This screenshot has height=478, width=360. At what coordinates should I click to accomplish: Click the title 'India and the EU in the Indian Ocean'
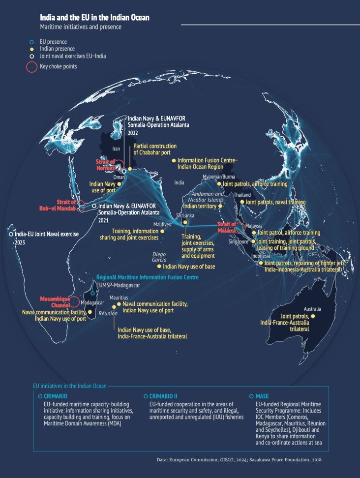pyautogui.click(x=95, y=17)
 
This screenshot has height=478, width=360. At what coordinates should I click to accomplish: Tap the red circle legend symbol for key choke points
pyautogui.click(x=31, y=66)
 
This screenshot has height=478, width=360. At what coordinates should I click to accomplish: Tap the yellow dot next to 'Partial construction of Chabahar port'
pyautogui.click(x=130, y=169)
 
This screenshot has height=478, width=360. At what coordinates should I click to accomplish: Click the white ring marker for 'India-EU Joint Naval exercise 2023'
pyautogui.click(x=11, y=235)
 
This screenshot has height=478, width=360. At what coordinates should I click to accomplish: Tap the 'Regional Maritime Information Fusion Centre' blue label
pyautogui.click(x=148, y=277)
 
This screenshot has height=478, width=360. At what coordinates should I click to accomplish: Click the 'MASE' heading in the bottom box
pyautogui.click(x=262, y=396)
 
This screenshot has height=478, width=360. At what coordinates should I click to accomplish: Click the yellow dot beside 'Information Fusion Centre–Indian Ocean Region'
pyautogui.click(x=173, y=160)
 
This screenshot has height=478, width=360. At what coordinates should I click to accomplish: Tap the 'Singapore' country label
pyautogui.click(x=238, y=241)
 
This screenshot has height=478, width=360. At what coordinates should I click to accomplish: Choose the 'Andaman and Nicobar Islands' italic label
pyautogui.click(x=207, y=197)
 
